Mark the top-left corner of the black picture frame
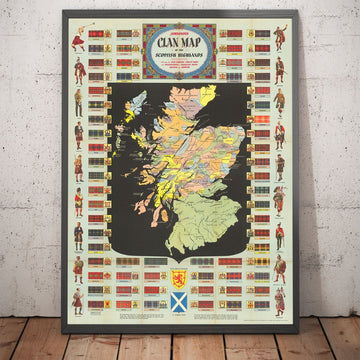point(62,12)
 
